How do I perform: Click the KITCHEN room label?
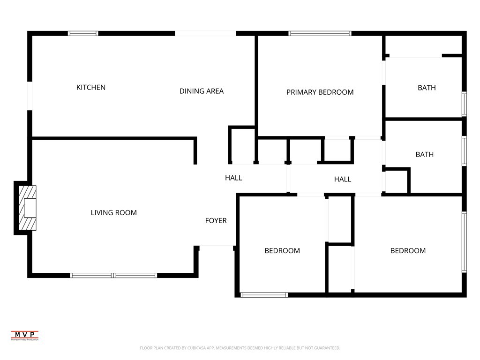click(x=91, y=88)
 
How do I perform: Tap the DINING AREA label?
click(x=202, y=91)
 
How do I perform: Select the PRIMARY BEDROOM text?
click(x=320, y=92)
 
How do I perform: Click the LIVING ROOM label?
click(x=114, y=213)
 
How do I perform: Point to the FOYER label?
click(x=216, y=221)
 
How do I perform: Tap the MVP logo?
click(x=25, y=335)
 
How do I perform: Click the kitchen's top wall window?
click(x=83, y=33)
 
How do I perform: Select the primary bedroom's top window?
click(x=320, y=33)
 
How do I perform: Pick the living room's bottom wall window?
click(x=113, y=275)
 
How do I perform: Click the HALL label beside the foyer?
click(x=233, y=178)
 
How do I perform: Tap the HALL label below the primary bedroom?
click(x=343, y=179)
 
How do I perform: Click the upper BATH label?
click(x=427, y=88)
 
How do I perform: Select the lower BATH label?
click(x=425, y=155)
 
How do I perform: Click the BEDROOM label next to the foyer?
click(x=282, y=251)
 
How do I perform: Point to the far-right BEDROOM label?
click(x=408, y=251)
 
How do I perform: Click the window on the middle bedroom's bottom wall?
click(x=264, y=295)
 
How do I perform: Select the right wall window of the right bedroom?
click(x=464, y=241)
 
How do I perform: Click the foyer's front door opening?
click(x=217, y=246)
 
